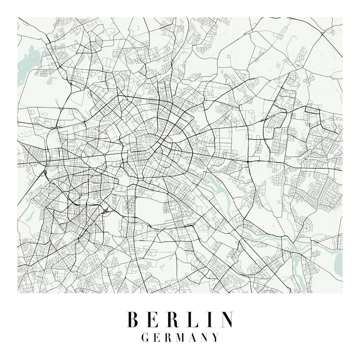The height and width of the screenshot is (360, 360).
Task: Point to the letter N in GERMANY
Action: pyautogui.click(x=205, y=337)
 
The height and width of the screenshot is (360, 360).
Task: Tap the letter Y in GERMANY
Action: pyautogui.click(x=216, y=337)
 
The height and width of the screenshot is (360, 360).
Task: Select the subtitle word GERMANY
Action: pyautogui.click(x=180, y=337)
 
